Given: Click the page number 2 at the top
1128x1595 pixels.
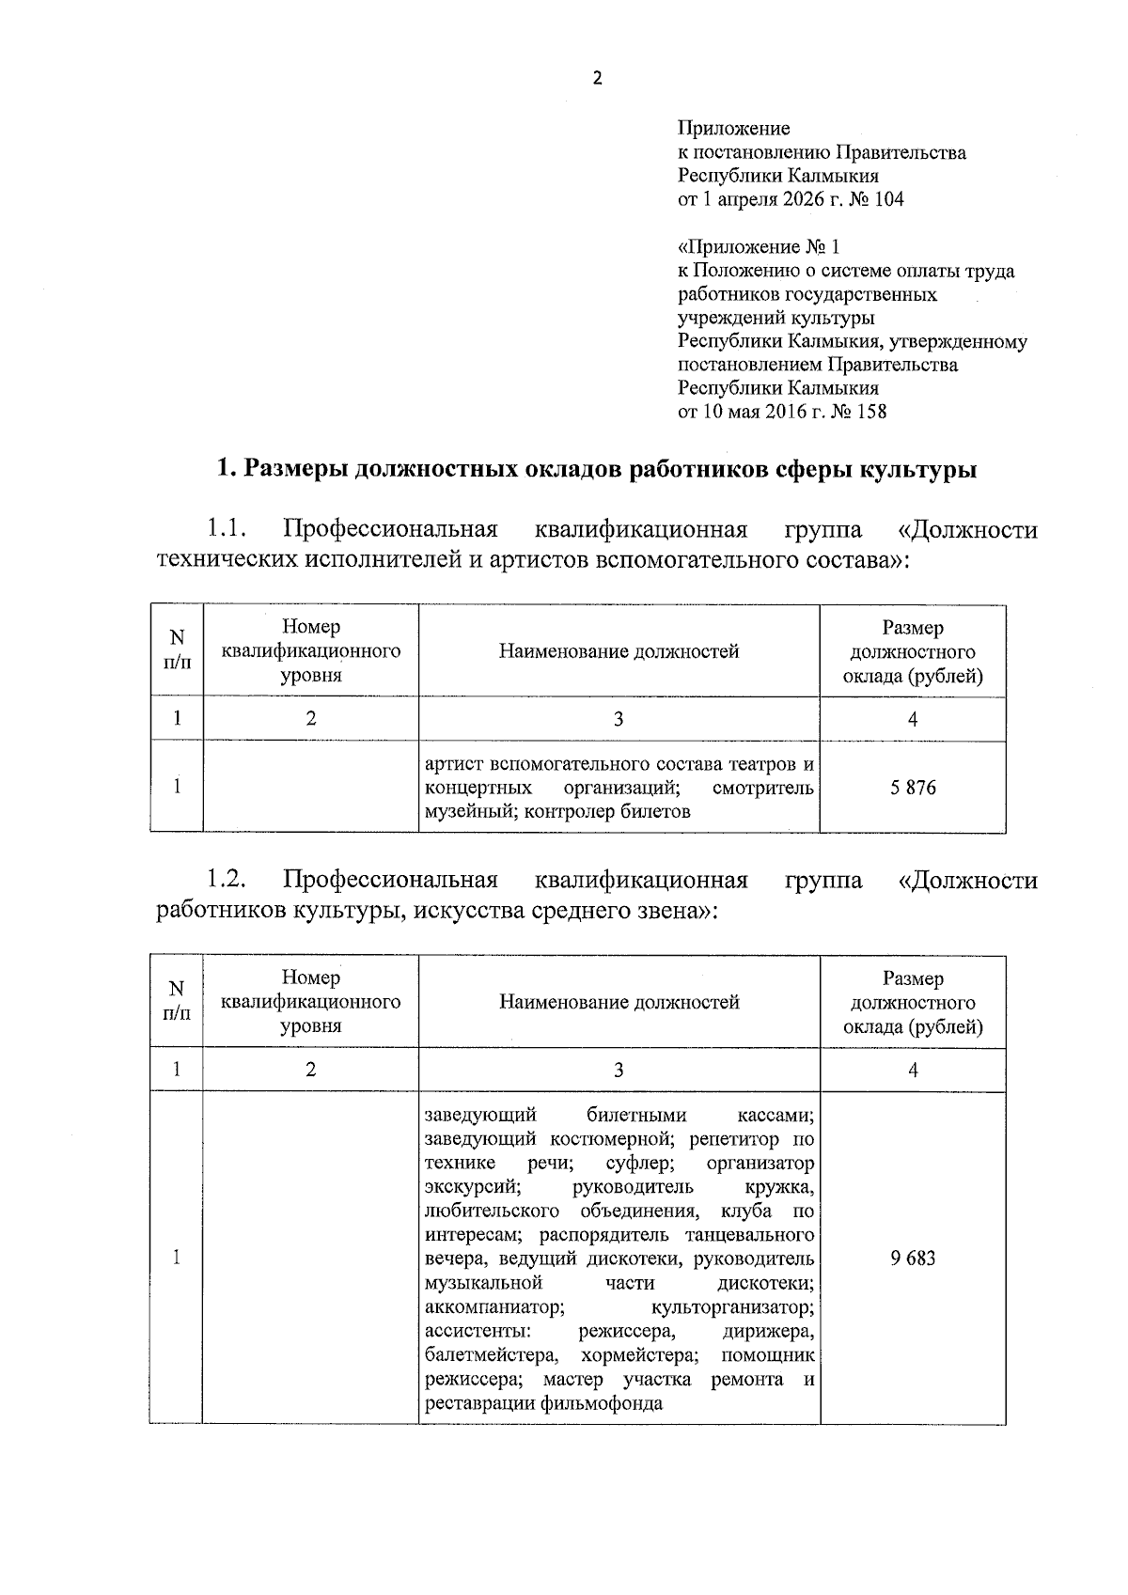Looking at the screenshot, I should point(596,79).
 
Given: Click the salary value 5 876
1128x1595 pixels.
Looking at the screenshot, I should point(913,788).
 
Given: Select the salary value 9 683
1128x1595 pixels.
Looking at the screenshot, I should point(913,1259).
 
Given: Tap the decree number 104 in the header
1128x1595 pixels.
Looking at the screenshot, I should point(888,199).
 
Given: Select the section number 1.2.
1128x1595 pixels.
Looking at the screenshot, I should point(227,881).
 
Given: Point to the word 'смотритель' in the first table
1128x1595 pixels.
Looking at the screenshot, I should point(763,788).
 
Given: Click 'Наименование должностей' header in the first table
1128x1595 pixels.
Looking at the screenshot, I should point(619,651).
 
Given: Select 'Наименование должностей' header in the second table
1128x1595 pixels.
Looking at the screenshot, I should point(619,1002).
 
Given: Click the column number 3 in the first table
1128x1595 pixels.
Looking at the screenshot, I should point(619,719).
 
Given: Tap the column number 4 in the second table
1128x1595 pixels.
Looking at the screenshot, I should point(913,1070).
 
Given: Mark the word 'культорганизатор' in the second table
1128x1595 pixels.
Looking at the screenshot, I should point(732,1307).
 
